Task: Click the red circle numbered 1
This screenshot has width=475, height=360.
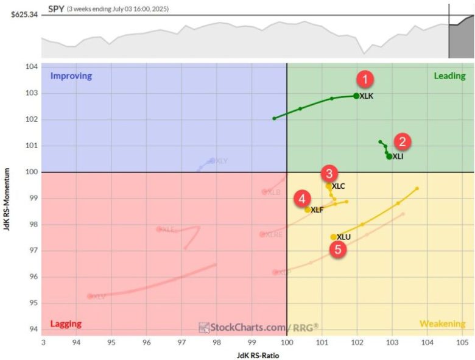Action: [365, 79]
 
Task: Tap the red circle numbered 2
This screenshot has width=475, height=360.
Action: [402, 142]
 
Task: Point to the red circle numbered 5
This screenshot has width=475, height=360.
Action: [339, 249]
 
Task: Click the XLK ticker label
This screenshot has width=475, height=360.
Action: [367, 96]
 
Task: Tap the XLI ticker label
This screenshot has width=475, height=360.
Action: [398, 157]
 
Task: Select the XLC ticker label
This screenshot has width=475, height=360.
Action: [339, 186]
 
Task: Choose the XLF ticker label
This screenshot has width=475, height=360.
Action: [317, 210]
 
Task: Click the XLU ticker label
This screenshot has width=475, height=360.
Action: [343, 237]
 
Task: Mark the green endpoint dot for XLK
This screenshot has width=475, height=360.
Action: [356, 96]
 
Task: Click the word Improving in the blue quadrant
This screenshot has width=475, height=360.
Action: [71, 76]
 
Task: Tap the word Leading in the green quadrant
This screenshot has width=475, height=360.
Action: [449, 76]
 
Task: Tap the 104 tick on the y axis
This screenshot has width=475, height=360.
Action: [31, 67]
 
